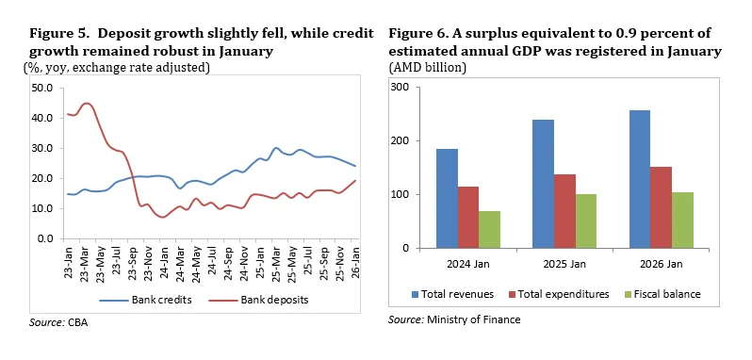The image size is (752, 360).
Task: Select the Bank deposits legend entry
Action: pos(252,301)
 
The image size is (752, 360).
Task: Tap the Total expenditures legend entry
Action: pos(559,294)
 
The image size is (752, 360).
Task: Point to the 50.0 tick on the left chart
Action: pos(41,88)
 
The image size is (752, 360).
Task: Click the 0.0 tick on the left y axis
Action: pos(44,238)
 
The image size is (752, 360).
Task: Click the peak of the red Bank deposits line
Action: pos(87,104)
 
